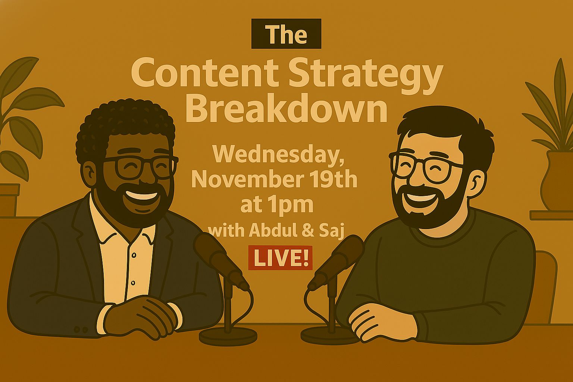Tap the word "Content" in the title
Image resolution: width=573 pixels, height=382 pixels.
coord(204,73)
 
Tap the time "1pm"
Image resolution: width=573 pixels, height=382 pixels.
coord(295,205)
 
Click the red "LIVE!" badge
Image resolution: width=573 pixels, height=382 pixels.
coord(281,258)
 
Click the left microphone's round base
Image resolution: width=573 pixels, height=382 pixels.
coord(228,336)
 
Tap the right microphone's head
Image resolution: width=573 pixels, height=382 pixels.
coord(341,259)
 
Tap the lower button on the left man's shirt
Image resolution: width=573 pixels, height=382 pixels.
coord(133,283)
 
